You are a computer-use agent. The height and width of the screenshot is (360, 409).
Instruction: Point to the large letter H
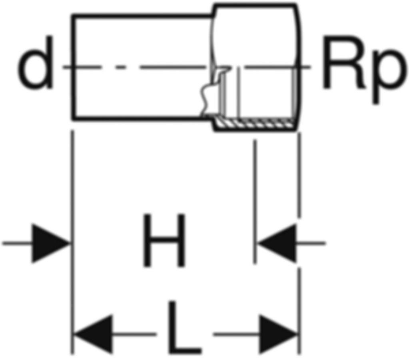pyautogui.click(x=164, y=240)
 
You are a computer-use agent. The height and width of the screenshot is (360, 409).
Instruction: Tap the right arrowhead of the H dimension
pyautogui.click(x=277, y=243)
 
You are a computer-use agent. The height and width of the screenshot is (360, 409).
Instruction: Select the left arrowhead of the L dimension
pyautogui.click(x=93, y=334)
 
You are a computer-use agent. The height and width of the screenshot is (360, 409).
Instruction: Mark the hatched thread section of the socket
pyautogui.click(x=255, y=123)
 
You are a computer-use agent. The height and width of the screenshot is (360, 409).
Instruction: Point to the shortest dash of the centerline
pyautogui.click(x=121, y=67)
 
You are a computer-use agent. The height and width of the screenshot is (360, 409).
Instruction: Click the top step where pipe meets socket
pyautogui.click(x=213, y=11)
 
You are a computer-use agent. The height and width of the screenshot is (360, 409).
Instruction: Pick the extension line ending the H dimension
pyautogui.click(x=255, y=202)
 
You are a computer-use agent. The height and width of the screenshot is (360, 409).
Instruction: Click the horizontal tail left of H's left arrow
pyautogui.click(x=17, y=243)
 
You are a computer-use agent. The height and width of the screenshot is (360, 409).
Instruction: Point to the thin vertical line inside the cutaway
pyautogui.click(x=238, y=91)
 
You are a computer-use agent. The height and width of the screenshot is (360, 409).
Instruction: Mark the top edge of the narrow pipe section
pyautogui.click(x=142, y=16)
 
